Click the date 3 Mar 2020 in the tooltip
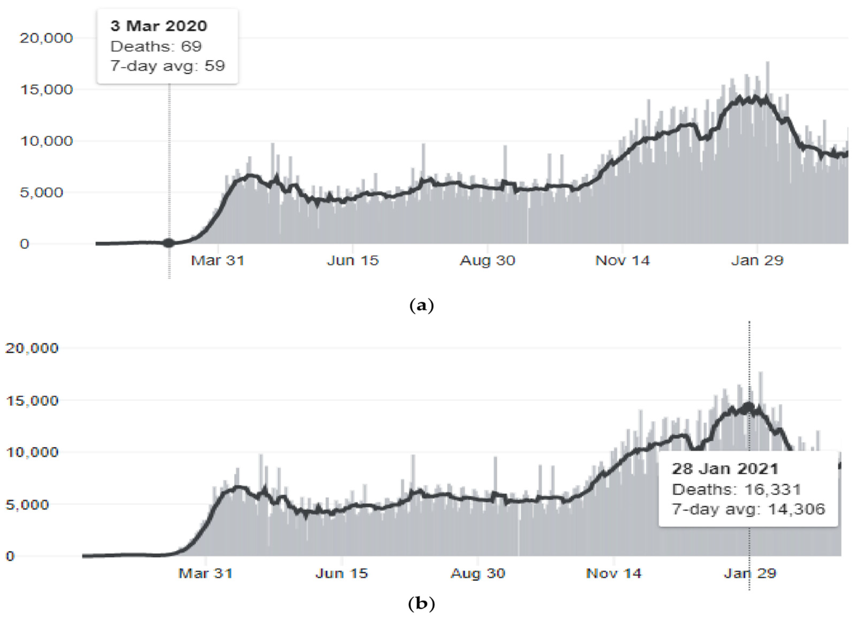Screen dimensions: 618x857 [159, 26]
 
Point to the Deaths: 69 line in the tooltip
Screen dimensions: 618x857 [156, 47]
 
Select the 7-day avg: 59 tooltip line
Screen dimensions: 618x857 [167, 66]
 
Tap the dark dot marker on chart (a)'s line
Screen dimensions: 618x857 [169, 243]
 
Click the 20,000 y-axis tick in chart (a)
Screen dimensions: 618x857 [46, 38]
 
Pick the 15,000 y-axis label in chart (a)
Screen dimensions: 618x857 [46, 90]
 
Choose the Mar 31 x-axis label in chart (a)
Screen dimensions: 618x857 [218, 260]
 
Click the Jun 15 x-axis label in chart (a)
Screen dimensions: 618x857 [352, 260]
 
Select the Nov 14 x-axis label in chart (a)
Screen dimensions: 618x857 [622, 260]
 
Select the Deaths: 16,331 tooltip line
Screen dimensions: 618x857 [736, 489]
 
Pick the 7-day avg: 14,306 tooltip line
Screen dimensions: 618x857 [748, 509]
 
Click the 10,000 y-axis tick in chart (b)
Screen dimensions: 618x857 [32, 452]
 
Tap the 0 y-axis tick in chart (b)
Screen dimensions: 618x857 [10, 556]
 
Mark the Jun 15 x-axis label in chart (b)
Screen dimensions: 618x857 [341, 573]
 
